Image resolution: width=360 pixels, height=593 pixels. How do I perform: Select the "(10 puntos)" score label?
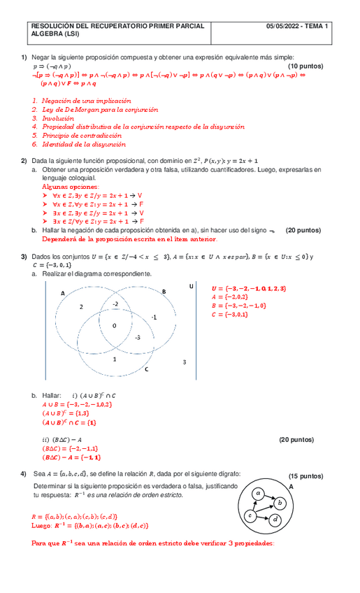pos(305,66)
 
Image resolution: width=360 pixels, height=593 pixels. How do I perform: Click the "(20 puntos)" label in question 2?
pos(303,230)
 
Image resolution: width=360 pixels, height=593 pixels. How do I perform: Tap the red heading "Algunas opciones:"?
pos(71,187)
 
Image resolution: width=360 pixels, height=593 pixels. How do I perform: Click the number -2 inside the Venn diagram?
pos(115,303)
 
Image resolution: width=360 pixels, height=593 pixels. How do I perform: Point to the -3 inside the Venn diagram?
pos(138,337)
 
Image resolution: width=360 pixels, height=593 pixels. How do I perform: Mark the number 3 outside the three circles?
pos(184,362)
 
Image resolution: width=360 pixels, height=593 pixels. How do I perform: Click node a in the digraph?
pos(258,492)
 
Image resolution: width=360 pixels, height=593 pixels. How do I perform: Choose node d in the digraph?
pos(275,519)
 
